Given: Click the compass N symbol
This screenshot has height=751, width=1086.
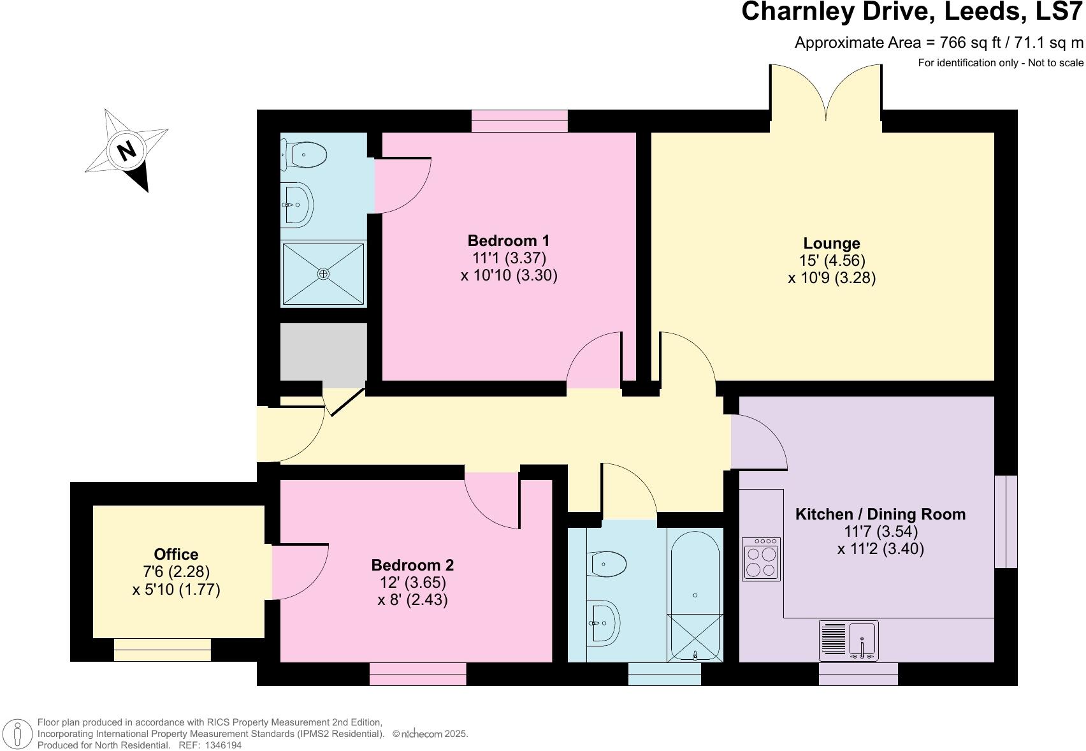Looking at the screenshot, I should [127, 150].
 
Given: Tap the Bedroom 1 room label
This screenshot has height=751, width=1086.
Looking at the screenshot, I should [508, 241].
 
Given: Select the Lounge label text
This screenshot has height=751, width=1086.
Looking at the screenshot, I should [831, 244].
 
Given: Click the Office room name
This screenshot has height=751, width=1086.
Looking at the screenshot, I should [176, 555].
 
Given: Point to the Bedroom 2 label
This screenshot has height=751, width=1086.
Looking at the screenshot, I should [412, 565].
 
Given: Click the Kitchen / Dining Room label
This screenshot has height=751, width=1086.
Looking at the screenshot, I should [880, 514].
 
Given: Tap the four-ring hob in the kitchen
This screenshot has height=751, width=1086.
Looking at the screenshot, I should [761, 560].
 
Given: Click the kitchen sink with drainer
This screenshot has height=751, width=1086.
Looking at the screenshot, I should [849, 641].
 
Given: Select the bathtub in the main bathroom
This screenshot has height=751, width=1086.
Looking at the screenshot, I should [695, 593].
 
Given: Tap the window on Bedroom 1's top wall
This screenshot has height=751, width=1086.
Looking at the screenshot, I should [519, 120].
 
